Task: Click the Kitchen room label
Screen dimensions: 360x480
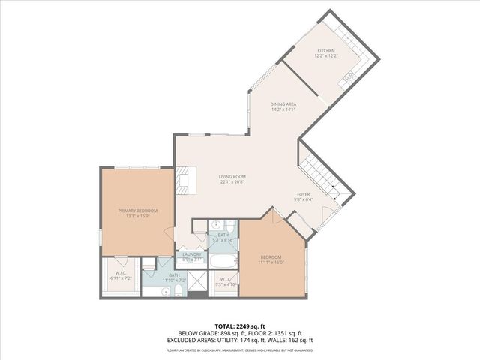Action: [325, 51]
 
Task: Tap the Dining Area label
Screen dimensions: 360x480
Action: [283, 104]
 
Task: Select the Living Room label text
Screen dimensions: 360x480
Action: [233, 177]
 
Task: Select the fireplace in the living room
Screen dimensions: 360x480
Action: [180, 181]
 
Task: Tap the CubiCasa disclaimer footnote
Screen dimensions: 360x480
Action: [239, 350]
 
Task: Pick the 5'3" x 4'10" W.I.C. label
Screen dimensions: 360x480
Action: [226, 285]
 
